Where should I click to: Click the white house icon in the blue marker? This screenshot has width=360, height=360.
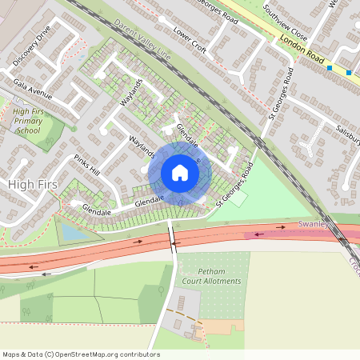coord(180,173)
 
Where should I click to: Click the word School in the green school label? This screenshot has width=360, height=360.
coord(27,130)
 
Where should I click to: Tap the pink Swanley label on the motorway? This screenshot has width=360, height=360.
coord(313,225)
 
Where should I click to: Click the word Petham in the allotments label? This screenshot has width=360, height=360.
coord(197,271)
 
